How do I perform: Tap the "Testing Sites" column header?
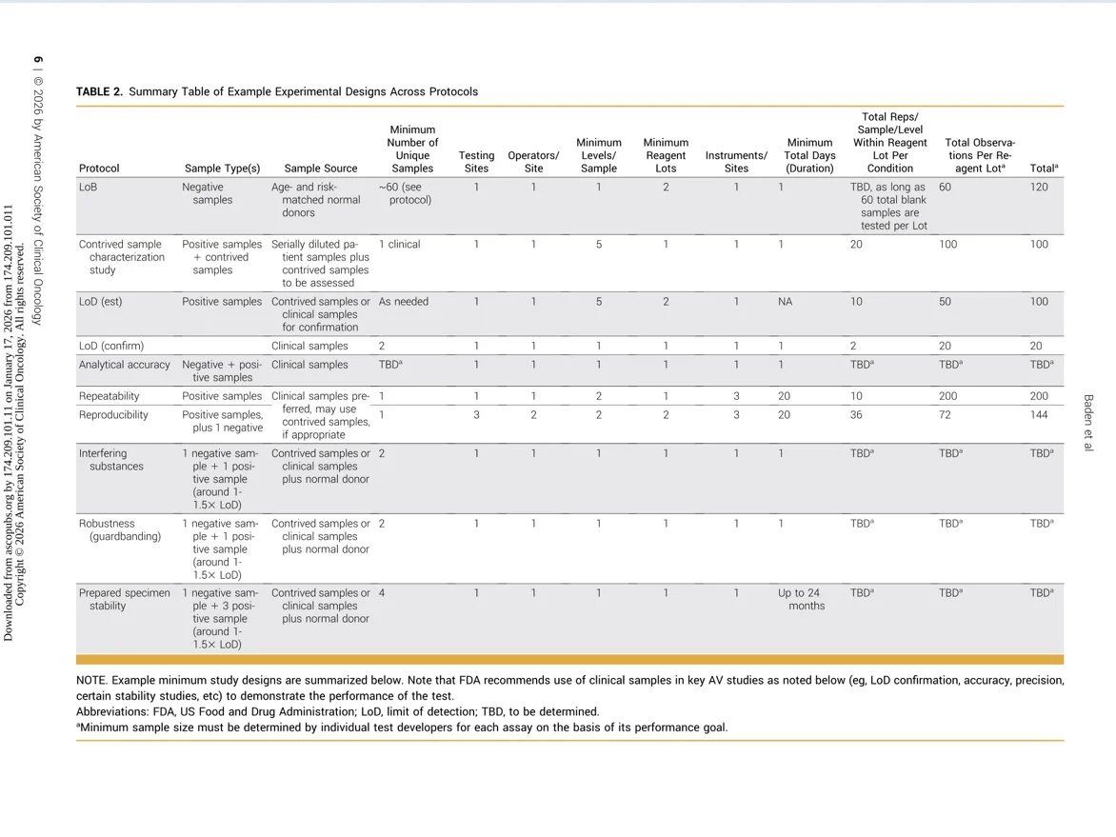click(x=476, y=162)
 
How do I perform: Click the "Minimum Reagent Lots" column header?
click(x=666, y=155)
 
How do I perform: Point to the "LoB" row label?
click(x=88, y=188)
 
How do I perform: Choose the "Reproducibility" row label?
click(x=113, y=415)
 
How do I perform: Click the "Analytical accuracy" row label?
click(x=124, y=365)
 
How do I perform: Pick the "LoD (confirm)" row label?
click(x=111, y=346)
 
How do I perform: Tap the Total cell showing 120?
click(x=1039, y=188)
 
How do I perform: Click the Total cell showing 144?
click(x=1039, y=415)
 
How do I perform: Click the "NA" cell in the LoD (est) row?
click(x=786, y=302)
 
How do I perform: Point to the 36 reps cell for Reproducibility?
click(x=857, y=415)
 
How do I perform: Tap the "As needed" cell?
click(x=404, y=302)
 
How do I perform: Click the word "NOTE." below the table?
click(x=91, y=681)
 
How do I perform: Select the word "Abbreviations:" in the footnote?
click(x=112, y=711)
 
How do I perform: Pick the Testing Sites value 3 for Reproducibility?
click(x=476, y=415)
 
